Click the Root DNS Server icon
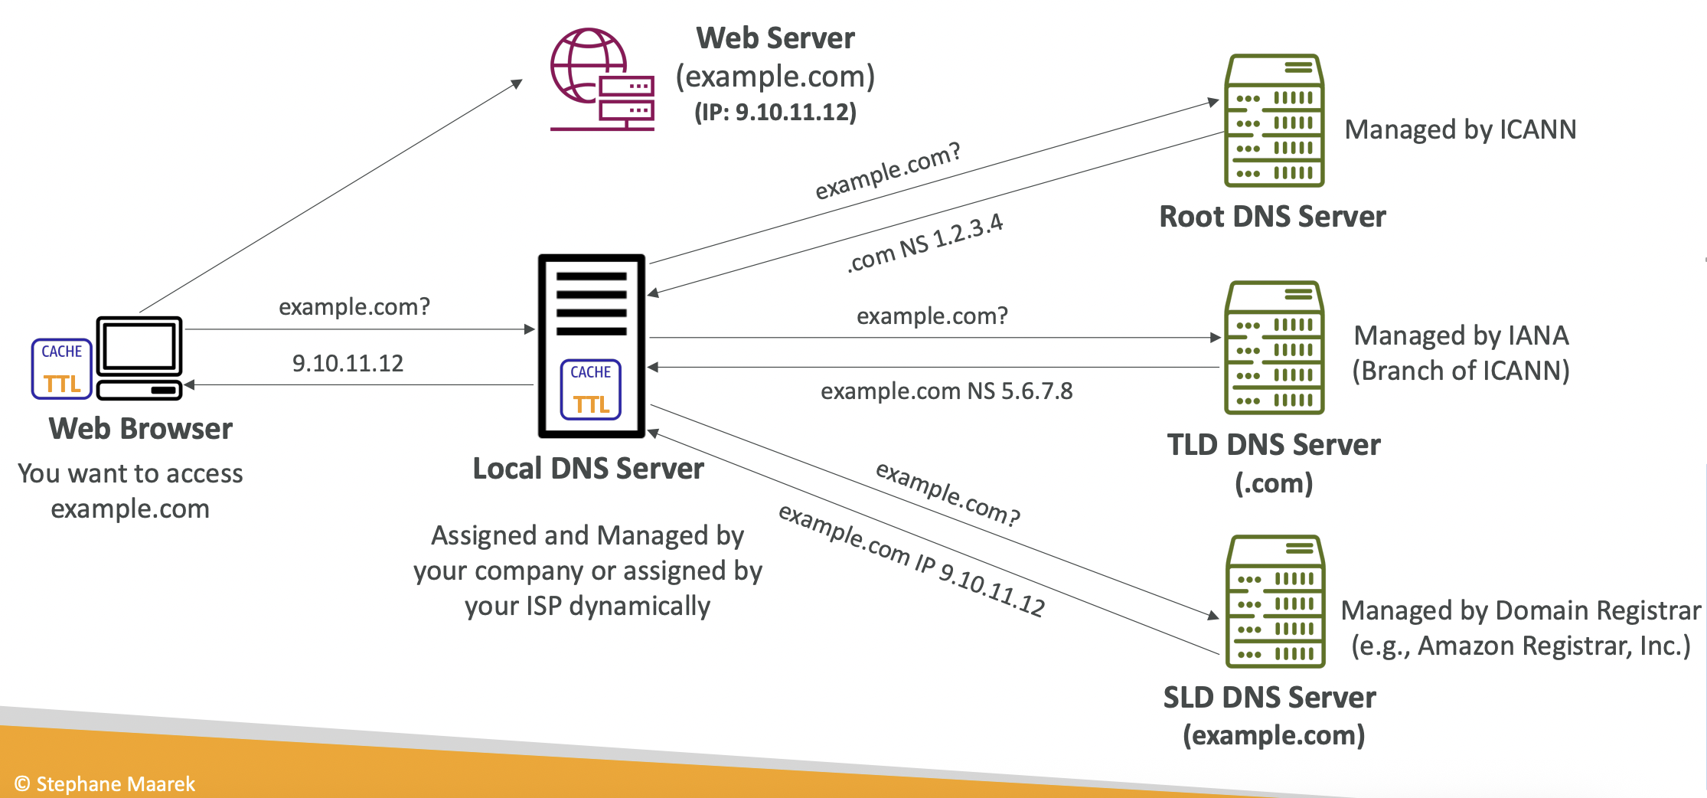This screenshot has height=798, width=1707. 1274,120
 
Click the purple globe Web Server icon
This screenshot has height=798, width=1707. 602,80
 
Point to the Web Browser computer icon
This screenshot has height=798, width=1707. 139,358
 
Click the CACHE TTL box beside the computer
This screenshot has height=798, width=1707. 62,368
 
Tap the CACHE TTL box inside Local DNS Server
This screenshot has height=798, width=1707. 591,390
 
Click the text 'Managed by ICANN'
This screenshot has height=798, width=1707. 1461,129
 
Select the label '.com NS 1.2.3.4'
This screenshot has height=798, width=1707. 925,243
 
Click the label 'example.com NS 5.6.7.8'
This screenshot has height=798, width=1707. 946,391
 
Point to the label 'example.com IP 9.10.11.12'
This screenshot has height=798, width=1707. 912,561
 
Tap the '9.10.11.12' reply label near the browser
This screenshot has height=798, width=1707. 348,363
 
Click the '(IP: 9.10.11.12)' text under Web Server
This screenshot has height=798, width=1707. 775,113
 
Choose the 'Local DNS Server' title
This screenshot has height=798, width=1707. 588,469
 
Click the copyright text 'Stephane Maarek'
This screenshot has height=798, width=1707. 115,784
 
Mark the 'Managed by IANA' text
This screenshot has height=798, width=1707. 1461,335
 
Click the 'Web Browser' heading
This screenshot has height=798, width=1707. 141,429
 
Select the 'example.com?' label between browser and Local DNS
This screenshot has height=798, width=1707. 354,306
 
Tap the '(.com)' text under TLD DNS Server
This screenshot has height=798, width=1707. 1274,483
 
